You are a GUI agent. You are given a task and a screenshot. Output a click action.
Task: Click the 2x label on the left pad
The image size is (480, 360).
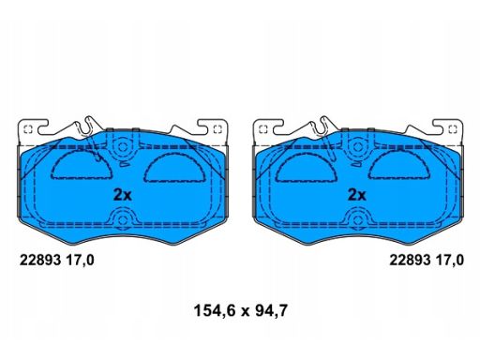click(122, 195)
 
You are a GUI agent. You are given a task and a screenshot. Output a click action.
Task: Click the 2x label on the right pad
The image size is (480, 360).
click(357, 195)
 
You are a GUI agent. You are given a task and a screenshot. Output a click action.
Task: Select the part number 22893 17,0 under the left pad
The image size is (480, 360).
click(56, 261)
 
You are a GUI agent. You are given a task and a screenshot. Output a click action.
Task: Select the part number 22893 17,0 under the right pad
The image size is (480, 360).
click(427, 261)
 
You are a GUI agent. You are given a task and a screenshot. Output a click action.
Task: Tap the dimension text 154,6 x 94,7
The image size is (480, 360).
click(240, 311)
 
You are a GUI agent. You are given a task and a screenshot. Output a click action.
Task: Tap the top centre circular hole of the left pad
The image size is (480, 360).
click(122, 147)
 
